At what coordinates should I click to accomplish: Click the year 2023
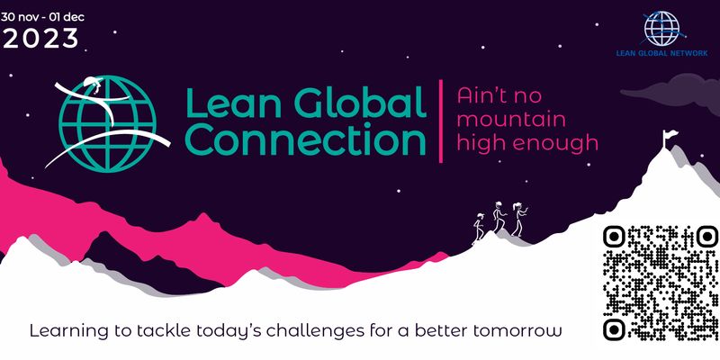[x=40, y=38]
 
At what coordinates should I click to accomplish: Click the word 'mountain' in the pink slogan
[x=509, y=118]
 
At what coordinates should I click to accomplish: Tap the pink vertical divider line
[x=440, y=121]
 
